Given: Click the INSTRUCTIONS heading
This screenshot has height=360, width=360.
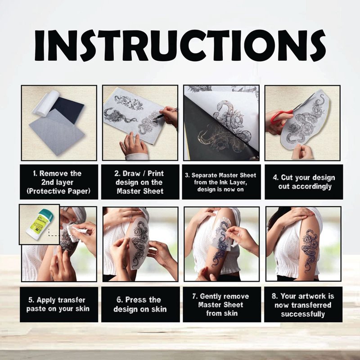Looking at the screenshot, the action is pos(180,45).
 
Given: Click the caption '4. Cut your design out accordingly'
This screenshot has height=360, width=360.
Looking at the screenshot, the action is pos(304,182).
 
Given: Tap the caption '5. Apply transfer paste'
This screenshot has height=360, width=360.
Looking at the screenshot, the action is pos(58,304).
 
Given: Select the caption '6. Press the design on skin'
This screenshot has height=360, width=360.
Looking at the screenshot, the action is pos(140,304).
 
